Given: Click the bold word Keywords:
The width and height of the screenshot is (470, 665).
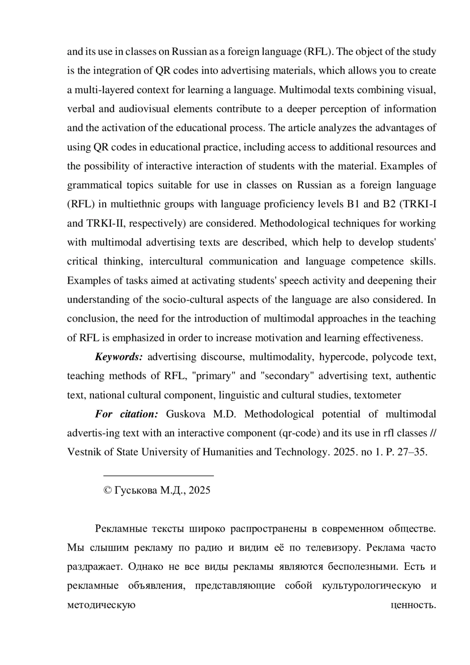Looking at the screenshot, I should click(x=119, y=357).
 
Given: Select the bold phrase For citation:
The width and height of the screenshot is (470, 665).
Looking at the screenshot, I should click(x=126, y=414).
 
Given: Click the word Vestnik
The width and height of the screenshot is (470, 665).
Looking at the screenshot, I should click(x=82, y=452).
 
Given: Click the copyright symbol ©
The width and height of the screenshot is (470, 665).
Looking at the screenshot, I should click(x=107, y=491).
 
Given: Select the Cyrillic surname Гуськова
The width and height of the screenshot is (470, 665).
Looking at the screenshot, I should click(x=136, y=491).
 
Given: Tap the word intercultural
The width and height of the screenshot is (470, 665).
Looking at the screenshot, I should click(x=176, y=261).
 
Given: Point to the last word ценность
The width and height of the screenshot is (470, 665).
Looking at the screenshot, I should click(x=414, y=605).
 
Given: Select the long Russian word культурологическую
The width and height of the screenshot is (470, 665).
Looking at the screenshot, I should click(x=371, y=586).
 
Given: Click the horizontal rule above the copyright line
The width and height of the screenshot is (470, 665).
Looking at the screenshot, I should click(x=158, y=476).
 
